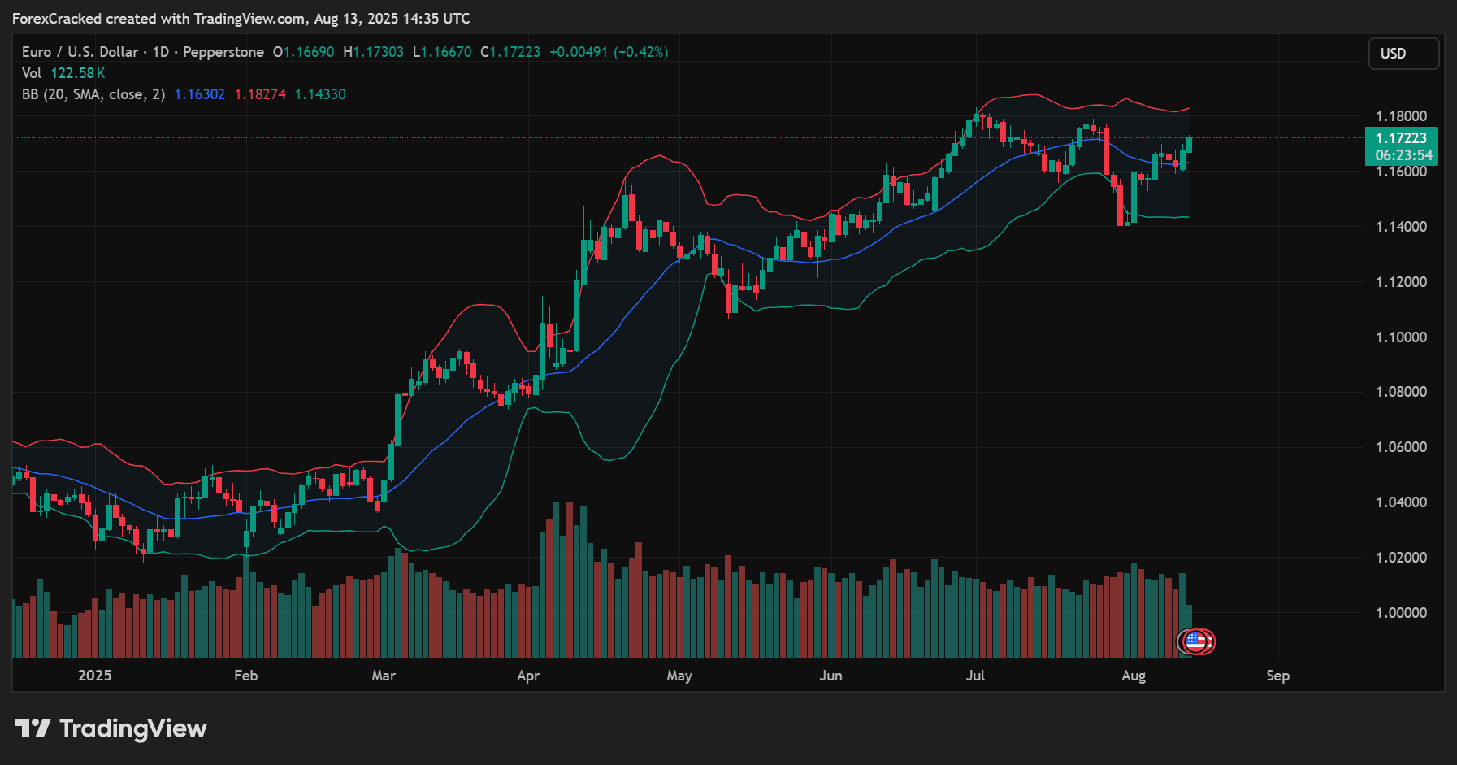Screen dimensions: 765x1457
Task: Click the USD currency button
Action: [1403, 54]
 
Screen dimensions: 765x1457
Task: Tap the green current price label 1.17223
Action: [1401, 138]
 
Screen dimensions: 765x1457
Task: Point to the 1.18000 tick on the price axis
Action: [1401, 116]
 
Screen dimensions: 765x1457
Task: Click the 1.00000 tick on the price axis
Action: [1401, 613]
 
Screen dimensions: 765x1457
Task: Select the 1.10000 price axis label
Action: [1401, 337]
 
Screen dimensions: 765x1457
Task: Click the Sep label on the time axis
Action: [1277, 676]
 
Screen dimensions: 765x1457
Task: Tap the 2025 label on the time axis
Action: [94, 676]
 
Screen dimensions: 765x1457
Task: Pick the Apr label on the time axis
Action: [528, 676]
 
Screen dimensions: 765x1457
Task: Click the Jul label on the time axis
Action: [975, 676]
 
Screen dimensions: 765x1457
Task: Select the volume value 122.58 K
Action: [78, 73]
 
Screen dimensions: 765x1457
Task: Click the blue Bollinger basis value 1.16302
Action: [200, 94]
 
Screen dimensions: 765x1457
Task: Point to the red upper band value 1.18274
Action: [260, 94]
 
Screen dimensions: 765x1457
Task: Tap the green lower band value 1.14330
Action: [320, 94]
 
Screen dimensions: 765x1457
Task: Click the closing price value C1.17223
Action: [510, 52]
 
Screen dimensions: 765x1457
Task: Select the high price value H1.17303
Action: [373, 52]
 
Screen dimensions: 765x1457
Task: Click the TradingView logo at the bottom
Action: [111, 728]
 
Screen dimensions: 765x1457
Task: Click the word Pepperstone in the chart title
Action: [223, 52]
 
